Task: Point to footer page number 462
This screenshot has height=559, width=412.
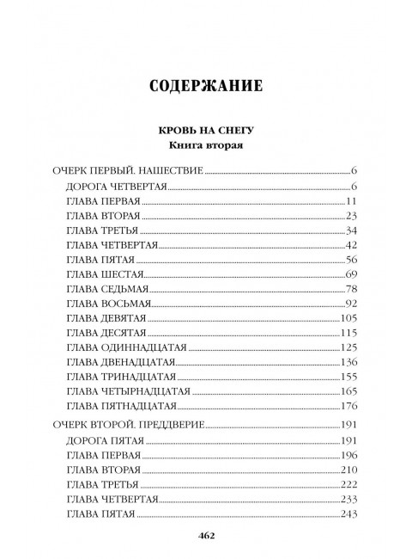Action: pyautogui.click(x=205, y=535)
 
